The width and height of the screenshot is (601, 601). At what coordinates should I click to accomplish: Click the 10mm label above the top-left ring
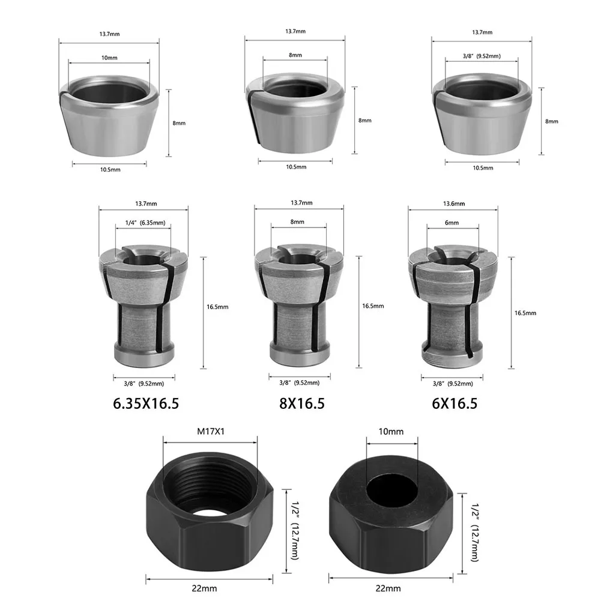pos(109,58)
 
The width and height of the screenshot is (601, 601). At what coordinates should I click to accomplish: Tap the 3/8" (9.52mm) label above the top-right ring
pos(482,56)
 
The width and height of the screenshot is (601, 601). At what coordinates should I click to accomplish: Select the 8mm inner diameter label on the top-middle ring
pos(295,55)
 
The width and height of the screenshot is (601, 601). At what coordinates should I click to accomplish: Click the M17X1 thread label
pos(210,431)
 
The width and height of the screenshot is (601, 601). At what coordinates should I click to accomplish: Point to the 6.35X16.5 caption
pos(146,403)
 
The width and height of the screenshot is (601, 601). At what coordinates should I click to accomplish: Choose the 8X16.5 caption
pos(302,403)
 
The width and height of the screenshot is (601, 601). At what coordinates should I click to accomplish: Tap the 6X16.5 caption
pos(455,403)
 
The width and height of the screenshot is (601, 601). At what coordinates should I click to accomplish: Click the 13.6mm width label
pos(454,204)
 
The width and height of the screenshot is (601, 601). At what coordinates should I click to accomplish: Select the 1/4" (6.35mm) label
pos(145,223)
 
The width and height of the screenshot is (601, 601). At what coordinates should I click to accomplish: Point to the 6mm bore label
pos(452,223)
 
